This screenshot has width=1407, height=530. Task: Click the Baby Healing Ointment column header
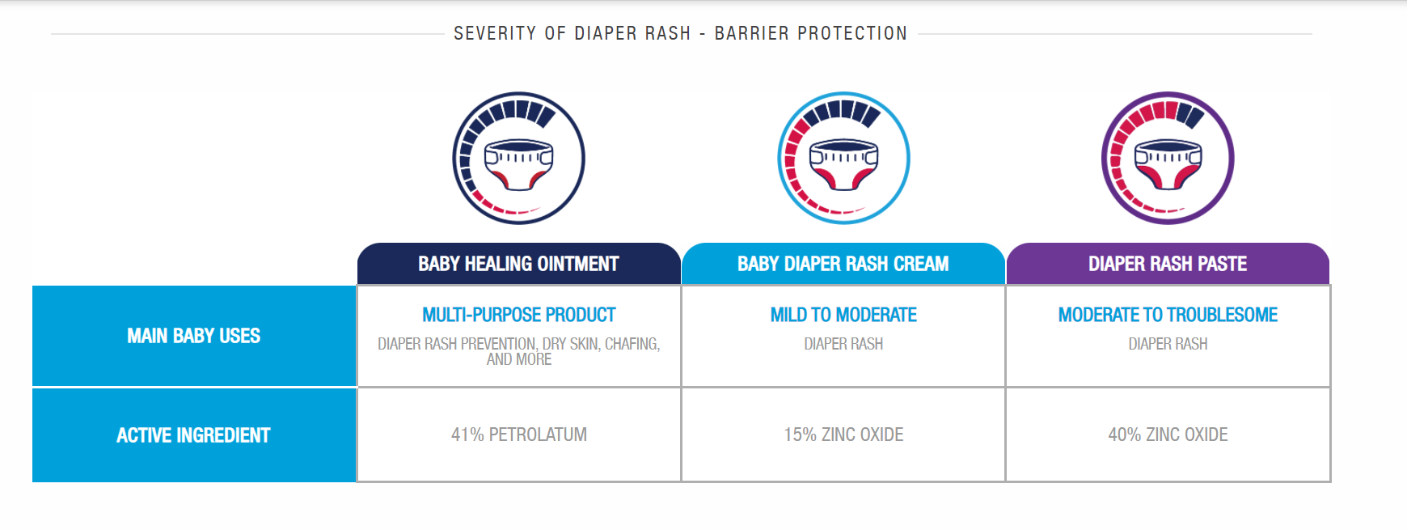(x=518, y=264)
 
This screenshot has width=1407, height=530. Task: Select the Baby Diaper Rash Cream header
(x=843, y=264)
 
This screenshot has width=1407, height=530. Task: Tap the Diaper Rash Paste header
(x=1168, y=264)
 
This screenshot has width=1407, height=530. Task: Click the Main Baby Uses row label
(x=194, y=336)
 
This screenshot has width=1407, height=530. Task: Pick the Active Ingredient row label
(x=194, y=435)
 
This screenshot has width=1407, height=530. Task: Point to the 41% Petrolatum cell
(x=519, y=435)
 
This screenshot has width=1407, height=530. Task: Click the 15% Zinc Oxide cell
(x=843, y=435)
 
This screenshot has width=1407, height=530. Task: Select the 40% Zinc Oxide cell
(x=1168, y=435)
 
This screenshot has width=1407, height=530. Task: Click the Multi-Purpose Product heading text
(x=519, y=315)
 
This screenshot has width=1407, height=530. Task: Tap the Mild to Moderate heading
(x=843, y=315)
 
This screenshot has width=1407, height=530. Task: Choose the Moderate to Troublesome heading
(x=1168, y=315)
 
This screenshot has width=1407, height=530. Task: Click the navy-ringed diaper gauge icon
(x=518, y=158)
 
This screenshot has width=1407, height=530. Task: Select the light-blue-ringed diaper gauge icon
(x=843, y=158)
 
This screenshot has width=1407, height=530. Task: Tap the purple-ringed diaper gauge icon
(x=1168, y=158)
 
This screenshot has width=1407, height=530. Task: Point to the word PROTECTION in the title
(x=852, y=33)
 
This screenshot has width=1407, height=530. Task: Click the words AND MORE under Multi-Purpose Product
(x=519, y=359)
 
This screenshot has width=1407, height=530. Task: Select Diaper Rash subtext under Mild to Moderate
(x=843, y=344)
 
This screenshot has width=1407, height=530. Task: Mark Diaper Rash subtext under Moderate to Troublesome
(x=1168, y=344)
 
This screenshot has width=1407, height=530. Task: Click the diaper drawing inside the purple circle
(x=1168, y=164)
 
